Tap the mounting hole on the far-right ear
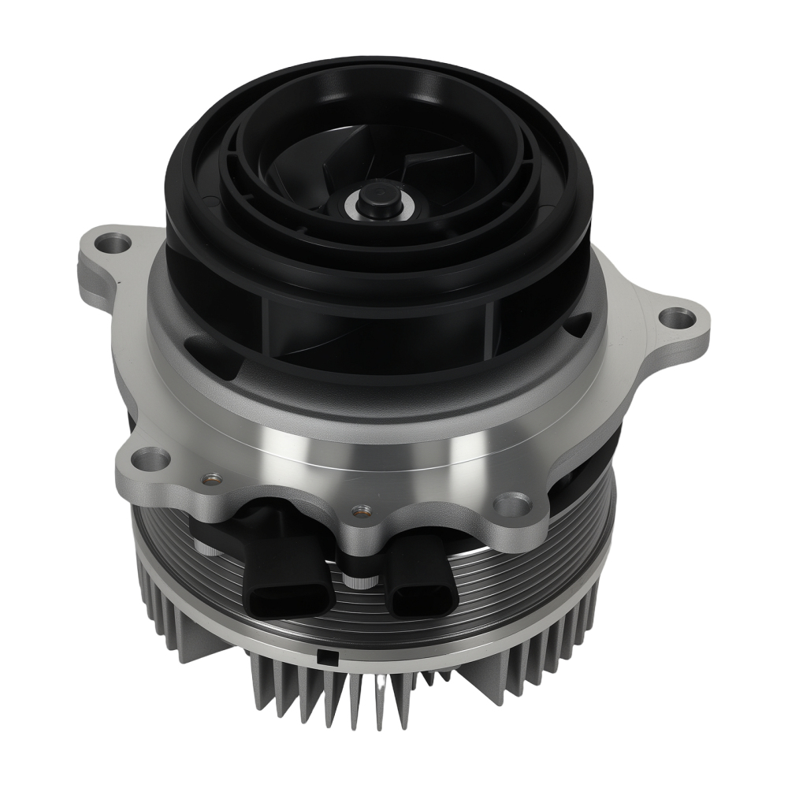676,319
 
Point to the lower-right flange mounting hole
513,502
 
